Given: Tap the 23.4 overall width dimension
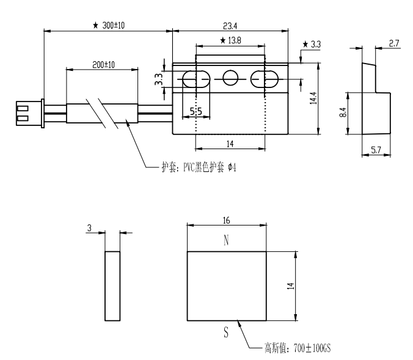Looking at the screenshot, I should [231, 26].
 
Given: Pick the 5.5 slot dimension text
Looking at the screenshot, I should [197, 112].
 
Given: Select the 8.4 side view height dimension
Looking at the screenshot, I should [343, 112].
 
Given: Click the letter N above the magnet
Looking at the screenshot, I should [227, 241].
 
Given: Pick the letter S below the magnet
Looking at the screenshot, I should [227, 334].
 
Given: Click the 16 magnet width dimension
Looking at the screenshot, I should [227, 219].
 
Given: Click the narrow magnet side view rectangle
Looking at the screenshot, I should [112, 285].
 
